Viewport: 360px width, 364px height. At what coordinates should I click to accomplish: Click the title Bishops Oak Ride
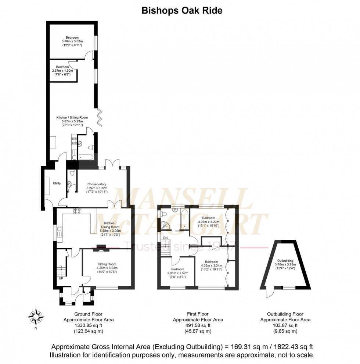(182, 11)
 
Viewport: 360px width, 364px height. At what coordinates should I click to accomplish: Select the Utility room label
(57, 183)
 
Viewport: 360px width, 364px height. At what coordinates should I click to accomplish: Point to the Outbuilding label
(285, 260)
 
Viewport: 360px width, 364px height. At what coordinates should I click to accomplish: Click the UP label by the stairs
(61, 278)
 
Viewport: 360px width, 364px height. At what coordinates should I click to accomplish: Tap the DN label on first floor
(166, 238)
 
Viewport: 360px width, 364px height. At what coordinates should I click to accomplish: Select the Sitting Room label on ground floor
(107, 264)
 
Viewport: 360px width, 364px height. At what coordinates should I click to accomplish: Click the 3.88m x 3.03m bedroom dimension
(72, 41)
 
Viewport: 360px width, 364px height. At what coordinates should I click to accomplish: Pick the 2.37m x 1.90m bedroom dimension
(62, 71)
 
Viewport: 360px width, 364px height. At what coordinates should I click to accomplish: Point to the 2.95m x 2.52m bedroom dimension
(178, 273)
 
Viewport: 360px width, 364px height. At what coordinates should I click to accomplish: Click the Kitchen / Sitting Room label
(72, 117)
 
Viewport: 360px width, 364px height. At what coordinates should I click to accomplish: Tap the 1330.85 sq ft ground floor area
(89, 325)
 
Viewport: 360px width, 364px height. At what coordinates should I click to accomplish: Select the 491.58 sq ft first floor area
(198, 325)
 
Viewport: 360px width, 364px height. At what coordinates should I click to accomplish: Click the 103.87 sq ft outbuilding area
(285, 325)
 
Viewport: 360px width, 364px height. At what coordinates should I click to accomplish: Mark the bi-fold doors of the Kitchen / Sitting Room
(99, 117)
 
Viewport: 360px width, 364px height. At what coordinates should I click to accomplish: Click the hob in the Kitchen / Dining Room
(78, 211)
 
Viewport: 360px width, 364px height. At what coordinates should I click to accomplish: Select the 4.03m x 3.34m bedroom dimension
(211, 265)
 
